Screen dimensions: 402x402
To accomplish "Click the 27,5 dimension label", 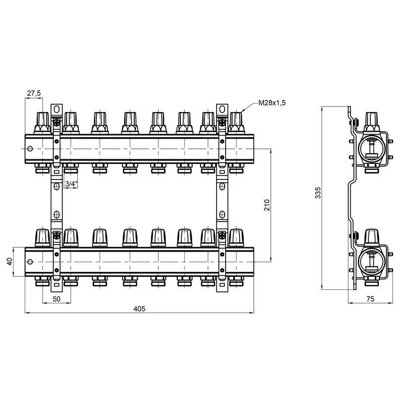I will (x=34, y=93).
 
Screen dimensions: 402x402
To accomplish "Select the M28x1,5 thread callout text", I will (x=272, y=104).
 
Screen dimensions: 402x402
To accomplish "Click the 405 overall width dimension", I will (x=140, y=309).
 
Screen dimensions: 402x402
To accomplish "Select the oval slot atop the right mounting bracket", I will (x=222, y=109).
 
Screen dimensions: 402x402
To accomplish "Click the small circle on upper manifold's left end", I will (x=31, y=149).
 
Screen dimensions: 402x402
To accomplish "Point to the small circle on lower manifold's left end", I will (x=31, y=262).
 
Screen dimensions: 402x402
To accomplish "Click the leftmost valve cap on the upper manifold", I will (x=41, y=122).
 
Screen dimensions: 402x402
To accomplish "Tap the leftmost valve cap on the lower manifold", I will (x=41, y=237).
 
